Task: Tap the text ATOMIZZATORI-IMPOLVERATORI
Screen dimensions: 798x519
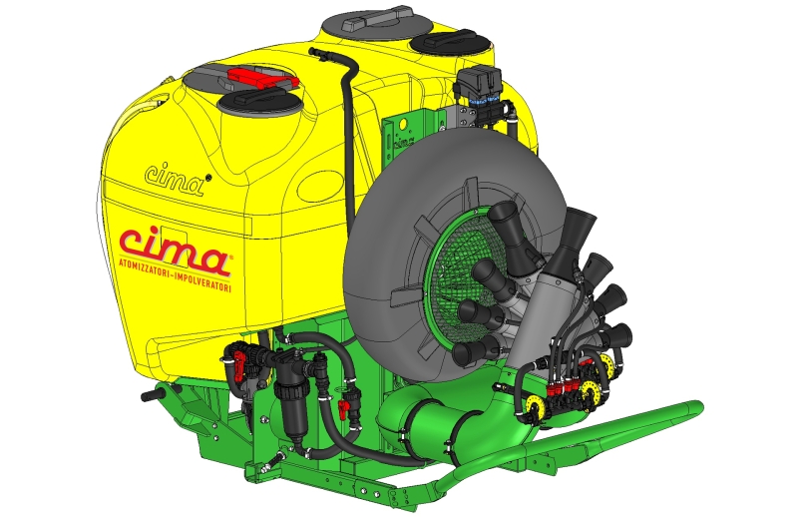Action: click(176, 275)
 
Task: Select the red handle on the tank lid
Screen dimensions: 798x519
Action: click(262, 78)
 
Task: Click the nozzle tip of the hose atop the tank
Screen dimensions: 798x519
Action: click(312, 51)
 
